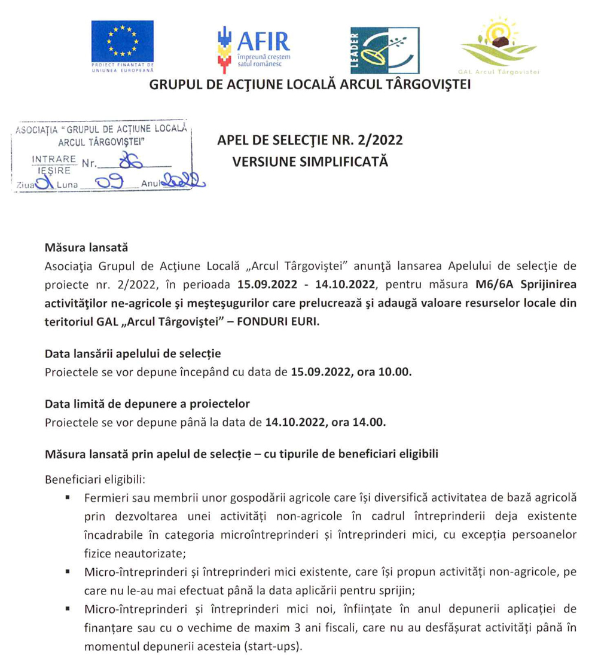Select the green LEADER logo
pos(385,49)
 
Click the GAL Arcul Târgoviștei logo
pos(498,48)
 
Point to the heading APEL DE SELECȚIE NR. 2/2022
pos(310,141)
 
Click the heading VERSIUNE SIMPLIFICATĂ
pos(310,161)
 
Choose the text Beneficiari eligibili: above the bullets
pos(91,480)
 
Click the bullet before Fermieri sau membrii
pos(70,498)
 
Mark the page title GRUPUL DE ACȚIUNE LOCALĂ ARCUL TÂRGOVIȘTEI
pos(310,85)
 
